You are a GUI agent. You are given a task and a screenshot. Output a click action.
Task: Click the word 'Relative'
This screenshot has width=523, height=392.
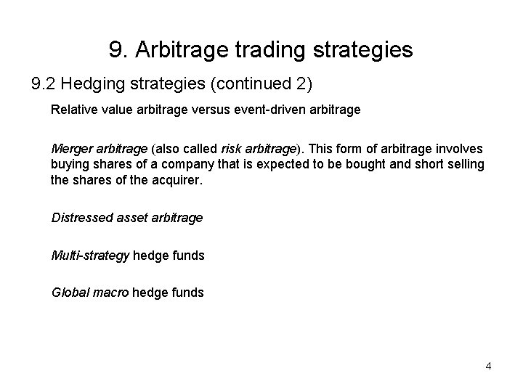72,112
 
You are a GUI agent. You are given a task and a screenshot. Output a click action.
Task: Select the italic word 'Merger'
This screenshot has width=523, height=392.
70,148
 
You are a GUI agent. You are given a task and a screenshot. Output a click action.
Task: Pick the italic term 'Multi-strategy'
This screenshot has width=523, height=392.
90,255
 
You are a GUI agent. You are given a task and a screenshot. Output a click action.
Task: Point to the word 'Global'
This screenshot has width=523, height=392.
68,293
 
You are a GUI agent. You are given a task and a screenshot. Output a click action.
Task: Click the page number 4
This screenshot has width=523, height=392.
488,366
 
